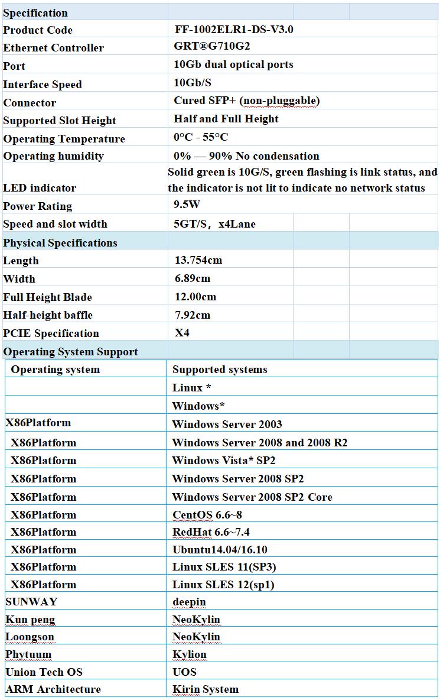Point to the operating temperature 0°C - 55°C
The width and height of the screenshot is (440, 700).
coord(201,137)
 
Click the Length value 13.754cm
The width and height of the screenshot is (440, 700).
coord(198,260)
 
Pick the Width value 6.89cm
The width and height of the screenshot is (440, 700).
coord(193,278)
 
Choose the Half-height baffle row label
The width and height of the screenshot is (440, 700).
coord(48,315)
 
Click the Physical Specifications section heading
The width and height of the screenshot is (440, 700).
coord(60,243)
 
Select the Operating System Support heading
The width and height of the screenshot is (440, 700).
coord(70,352)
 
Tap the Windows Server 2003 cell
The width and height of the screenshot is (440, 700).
coord(227,424)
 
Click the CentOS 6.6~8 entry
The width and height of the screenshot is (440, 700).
coord(207,514)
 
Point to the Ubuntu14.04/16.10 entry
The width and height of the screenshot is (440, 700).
coord(220,549)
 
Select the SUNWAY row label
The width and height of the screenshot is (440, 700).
coord(31,601)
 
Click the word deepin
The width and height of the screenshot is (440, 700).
coord(189,602)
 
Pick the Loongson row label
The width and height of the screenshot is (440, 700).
coord(30,637)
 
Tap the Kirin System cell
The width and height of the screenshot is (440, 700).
coord(206,689)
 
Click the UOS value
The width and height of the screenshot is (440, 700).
coord(184,672)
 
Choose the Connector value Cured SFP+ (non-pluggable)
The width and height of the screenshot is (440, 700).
coord(246,101)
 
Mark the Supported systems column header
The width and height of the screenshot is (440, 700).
coord(220,370)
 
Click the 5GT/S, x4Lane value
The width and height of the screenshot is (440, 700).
coord(214,224)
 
